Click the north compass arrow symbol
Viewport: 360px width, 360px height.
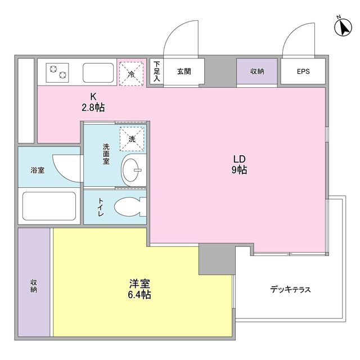pyautogui.click(x=343, y=27)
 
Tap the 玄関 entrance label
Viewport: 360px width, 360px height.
pyautogui.click(x=184, y=71)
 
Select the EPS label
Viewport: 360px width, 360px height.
pyautogui.click(x=303, y=71)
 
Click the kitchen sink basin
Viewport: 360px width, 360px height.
pyautogui.click(x=98, y=73)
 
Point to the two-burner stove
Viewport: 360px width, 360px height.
pyautogui.click(x=57, y=73)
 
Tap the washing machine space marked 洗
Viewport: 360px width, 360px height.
pyautogui.click(x=132, y=139)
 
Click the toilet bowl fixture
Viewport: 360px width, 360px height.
pyautogui.click(x=128, y=207)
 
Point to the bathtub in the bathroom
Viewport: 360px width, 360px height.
pyautogui.click(x=49, y=206)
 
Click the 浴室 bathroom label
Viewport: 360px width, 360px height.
pyautogui.click(x=38, y=170)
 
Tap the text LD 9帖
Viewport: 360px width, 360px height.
pyautogui.click(x=240, y=164)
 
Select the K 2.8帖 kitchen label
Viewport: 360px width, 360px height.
pyautogui.click(x=93, y=102)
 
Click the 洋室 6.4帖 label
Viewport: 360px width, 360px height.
pyautogui.click(x=139, y=289)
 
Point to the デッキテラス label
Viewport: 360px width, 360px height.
pyautogui.click(x=290, y=290)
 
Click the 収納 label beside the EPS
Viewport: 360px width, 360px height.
pyautogui.click(x=257, y=71)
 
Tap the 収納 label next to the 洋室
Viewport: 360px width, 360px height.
pyautogui.click(x=34, y=286)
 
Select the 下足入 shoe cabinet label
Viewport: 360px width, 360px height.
pyautogui.click(x=156, y=71)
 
